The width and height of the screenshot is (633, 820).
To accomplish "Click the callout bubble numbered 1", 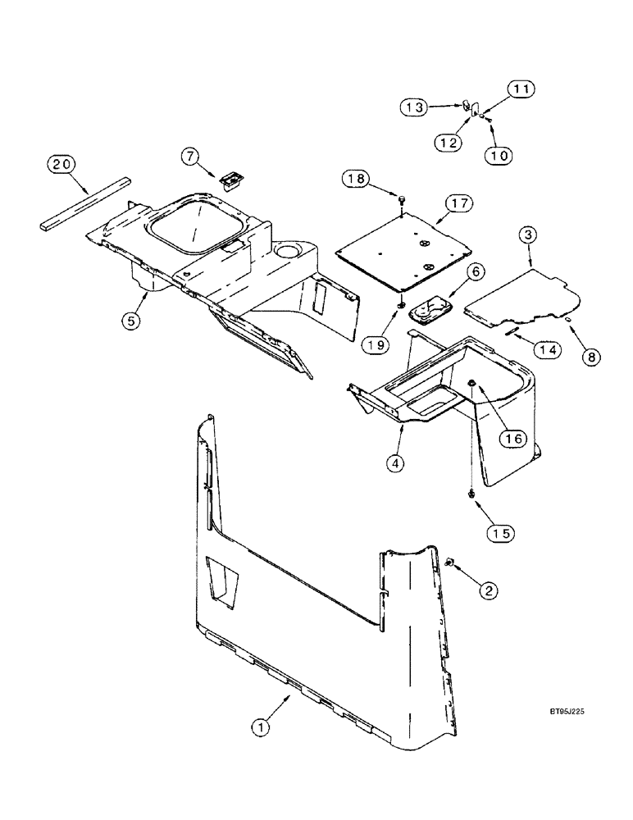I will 261,726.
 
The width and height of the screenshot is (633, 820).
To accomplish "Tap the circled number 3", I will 529,235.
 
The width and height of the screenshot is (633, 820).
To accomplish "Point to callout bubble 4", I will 397,463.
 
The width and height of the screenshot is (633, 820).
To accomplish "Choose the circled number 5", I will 131,321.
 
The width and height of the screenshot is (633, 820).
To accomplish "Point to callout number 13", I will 415,107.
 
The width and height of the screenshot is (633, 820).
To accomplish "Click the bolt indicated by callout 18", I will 401,198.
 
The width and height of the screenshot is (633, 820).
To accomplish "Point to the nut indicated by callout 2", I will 451,563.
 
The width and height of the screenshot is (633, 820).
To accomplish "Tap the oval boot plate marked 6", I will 427,311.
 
